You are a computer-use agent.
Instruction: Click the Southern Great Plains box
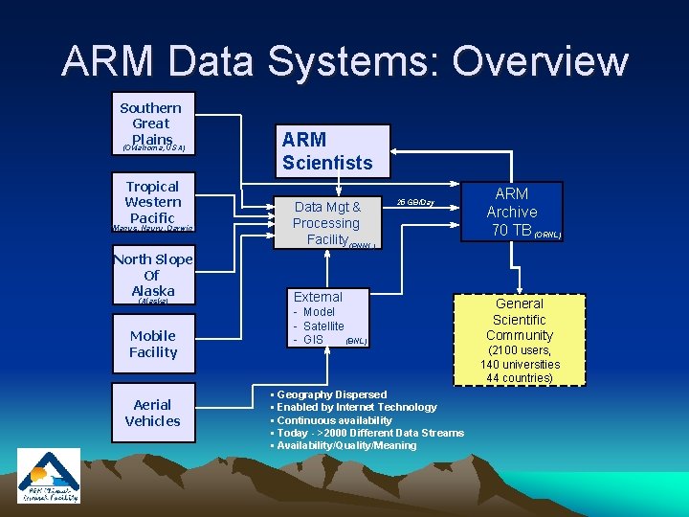click(151, 124)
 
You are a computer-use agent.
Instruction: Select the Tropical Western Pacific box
click(153, 203)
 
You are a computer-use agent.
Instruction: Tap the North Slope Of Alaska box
click(153, 277)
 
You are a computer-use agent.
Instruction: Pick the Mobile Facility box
click(153, 344)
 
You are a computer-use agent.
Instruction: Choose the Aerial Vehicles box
click(153, 413)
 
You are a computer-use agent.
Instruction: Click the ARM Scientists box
click(332, 151)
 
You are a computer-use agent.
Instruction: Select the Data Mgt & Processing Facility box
click(327, 222)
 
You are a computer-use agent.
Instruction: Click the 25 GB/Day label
click(415, 202)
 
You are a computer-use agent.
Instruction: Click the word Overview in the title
click(541, 61)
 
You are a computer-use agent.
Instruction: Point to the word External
click(318, 297)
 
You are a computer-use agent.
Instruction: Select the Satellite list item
click(322, 326)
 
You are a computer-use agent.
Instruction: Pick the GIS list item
click(312, 340)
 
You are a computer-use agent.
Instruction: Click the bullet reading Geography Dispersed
click(331, 394)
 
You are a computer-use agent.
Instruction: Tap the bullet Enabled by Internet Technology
click(356, 407)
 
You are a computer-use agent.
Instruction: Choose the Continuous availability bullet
click(334, 420)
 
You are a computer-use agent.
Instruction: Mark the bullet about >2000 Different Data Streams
click(369, 433)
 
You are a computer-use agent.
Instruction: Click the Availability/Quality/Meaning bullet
click(346, 445)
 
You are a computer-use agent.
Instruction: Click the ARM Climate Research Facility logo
click(49, 476)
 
